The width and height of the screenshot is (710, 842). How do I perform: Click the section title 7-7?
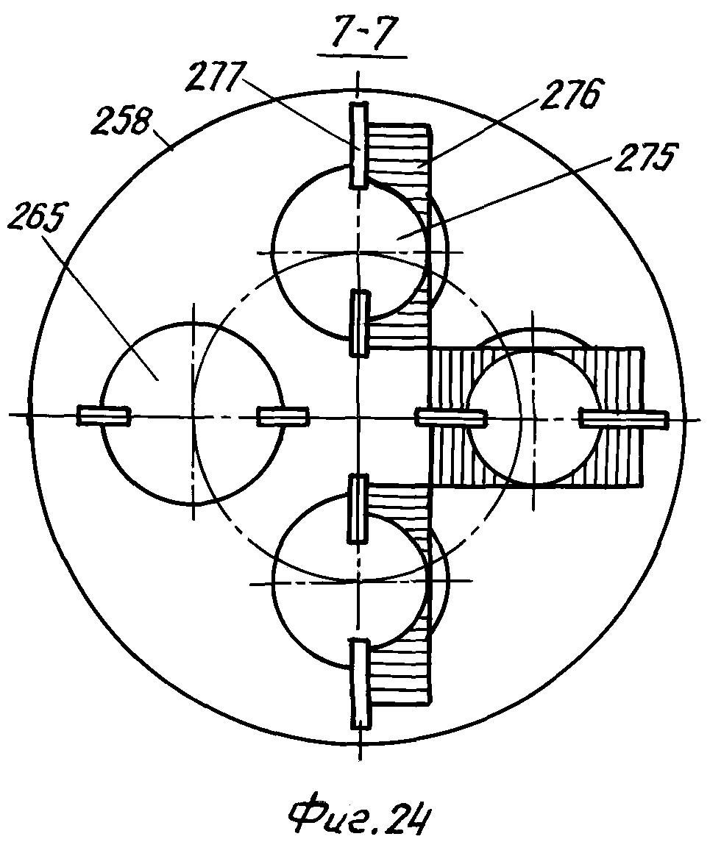(363, 34)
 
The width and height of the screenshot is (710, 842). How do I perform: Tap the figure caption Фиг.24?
(360, 818)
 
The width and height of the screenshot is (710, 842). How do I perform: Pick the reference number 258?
(121, 121)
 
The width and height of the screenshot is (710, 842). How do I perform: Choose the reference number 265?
(35, 216)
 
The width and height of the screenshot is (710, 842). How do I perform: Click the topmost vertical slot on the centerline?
(358, 146)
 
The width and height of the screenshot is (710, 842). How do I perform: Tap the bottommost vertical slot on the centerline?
(360, 683)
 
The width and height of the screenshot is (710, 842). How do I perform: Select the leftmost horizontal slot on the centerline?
(104, 415)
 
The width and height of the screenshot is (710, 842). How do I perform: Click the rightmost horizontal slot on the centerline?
(623, 418)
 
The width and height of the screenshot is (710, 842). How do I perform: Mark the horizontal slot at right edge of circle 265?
(283, 416)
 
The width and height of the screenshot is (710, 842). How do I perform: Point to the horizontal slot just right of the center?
(451, 418)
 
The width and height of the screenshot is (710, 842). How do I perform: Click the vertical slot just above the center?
(359, 323)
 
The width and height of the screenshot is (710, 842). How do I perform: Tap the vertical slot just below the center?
(358, 507)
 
